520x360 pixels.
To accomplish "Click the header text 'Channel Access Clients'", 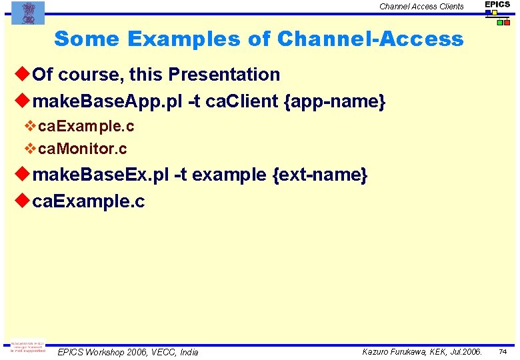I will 421,7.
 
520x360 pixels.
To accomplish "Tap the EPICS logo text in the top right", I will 497,5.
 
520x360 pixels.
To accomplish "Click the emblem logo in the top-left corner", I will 28,13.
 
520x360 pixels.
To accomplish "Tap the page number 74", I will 503,351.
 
